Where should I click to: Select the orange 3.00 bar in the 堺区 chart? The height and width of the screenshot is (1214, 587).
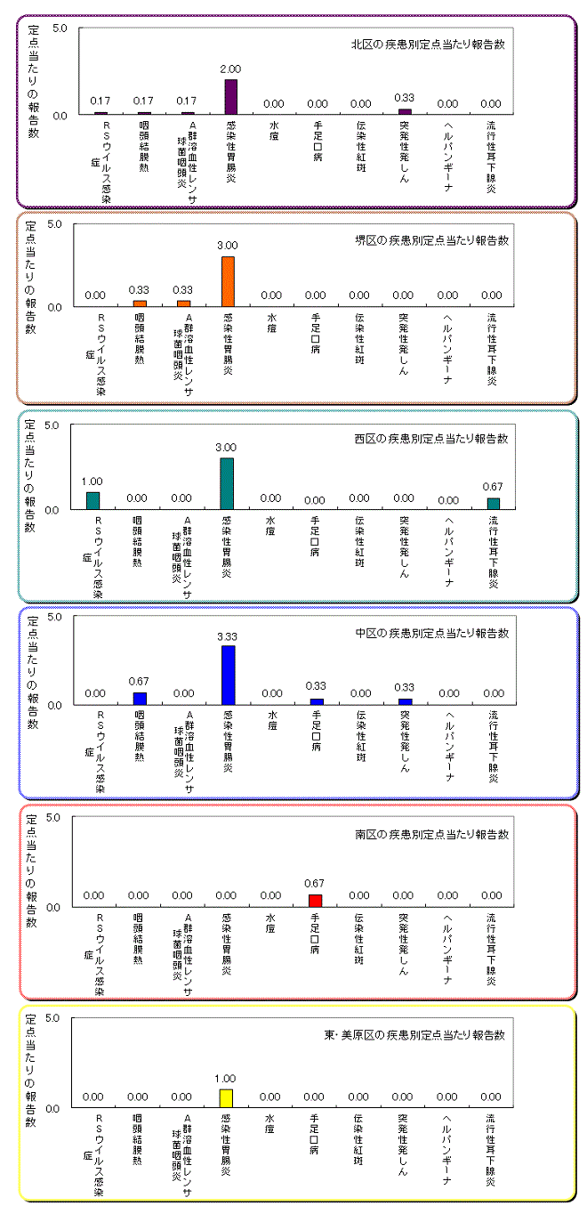[x=229, y=281]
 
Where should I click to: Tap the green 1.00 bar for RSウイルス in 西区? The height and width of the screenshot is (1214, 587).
[x=93, y=500]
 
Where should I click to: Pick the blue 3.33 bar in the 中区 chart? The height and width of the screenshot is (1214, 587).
[x=229, y=675]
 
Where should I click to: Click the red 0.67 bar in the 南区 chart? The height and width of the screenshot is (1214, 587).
[x=316, y=900]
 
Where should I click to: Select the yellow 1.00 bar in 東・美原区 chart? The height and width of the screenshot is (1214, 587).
[x=226, y=1098]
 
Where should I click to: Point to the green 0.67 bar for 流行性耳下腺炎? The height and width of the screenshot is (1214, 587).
[x=494, y=504]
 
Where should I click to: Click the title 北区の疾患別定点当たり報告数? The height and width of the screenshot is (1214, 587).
[x=428, y=45]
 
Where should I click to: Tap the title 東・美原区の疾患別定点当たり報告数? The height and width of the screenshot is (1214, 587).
[x=414, y=1035]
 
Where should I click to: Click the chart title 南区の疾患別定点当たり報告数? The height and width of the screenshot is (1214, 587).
[x=431, y=835]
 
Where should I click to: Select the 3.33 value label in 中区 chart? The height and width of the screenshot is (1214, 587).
[x=227, y=636]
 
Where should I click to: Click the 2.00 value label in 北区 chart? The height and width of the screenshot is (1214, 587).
[x=230, y=69]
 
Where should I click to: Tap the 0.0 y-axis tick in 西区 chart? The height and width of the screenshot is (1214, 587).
[x=51, y=509]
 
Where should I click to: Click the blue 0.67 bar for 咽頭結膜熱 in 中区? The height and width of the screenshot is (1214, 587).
[x=140, y=698]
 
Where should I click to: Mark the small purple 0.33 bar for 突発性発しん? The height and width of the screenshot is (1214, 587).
[x=405, y=111]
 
